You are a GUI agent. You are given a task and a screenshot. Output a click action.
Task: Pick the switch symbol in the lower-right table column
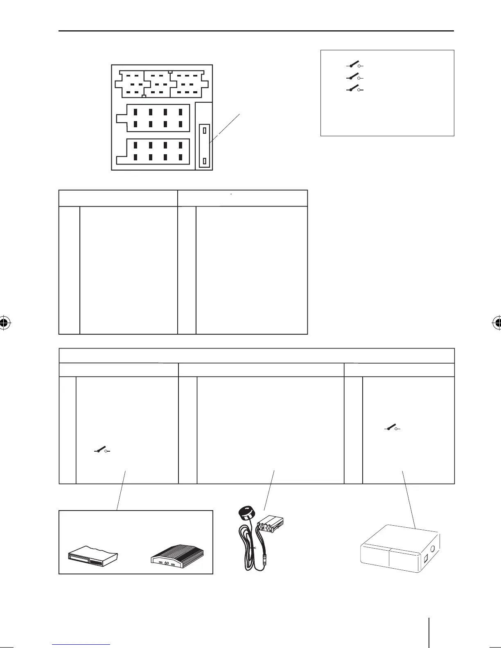392,428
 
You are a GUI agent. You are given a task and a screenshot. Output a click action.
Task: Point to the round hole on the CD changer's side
434,544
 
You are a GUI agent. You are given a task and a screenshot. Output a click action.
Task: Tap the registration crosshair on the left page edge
4,323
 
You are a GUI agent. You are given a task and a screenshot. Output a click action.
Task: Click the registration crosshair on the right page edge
497,323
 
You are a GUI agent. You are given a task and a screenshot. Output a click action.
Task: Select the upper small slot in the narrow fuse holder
204,131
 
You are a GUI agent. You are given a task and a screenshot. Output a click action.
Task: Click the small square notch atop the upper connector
170,72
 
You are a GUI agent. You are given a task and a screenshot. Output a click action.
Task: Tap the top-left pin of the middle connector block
135,112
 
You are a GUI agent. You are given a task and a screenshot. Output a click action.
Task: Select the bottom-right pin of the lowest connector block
180,157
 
